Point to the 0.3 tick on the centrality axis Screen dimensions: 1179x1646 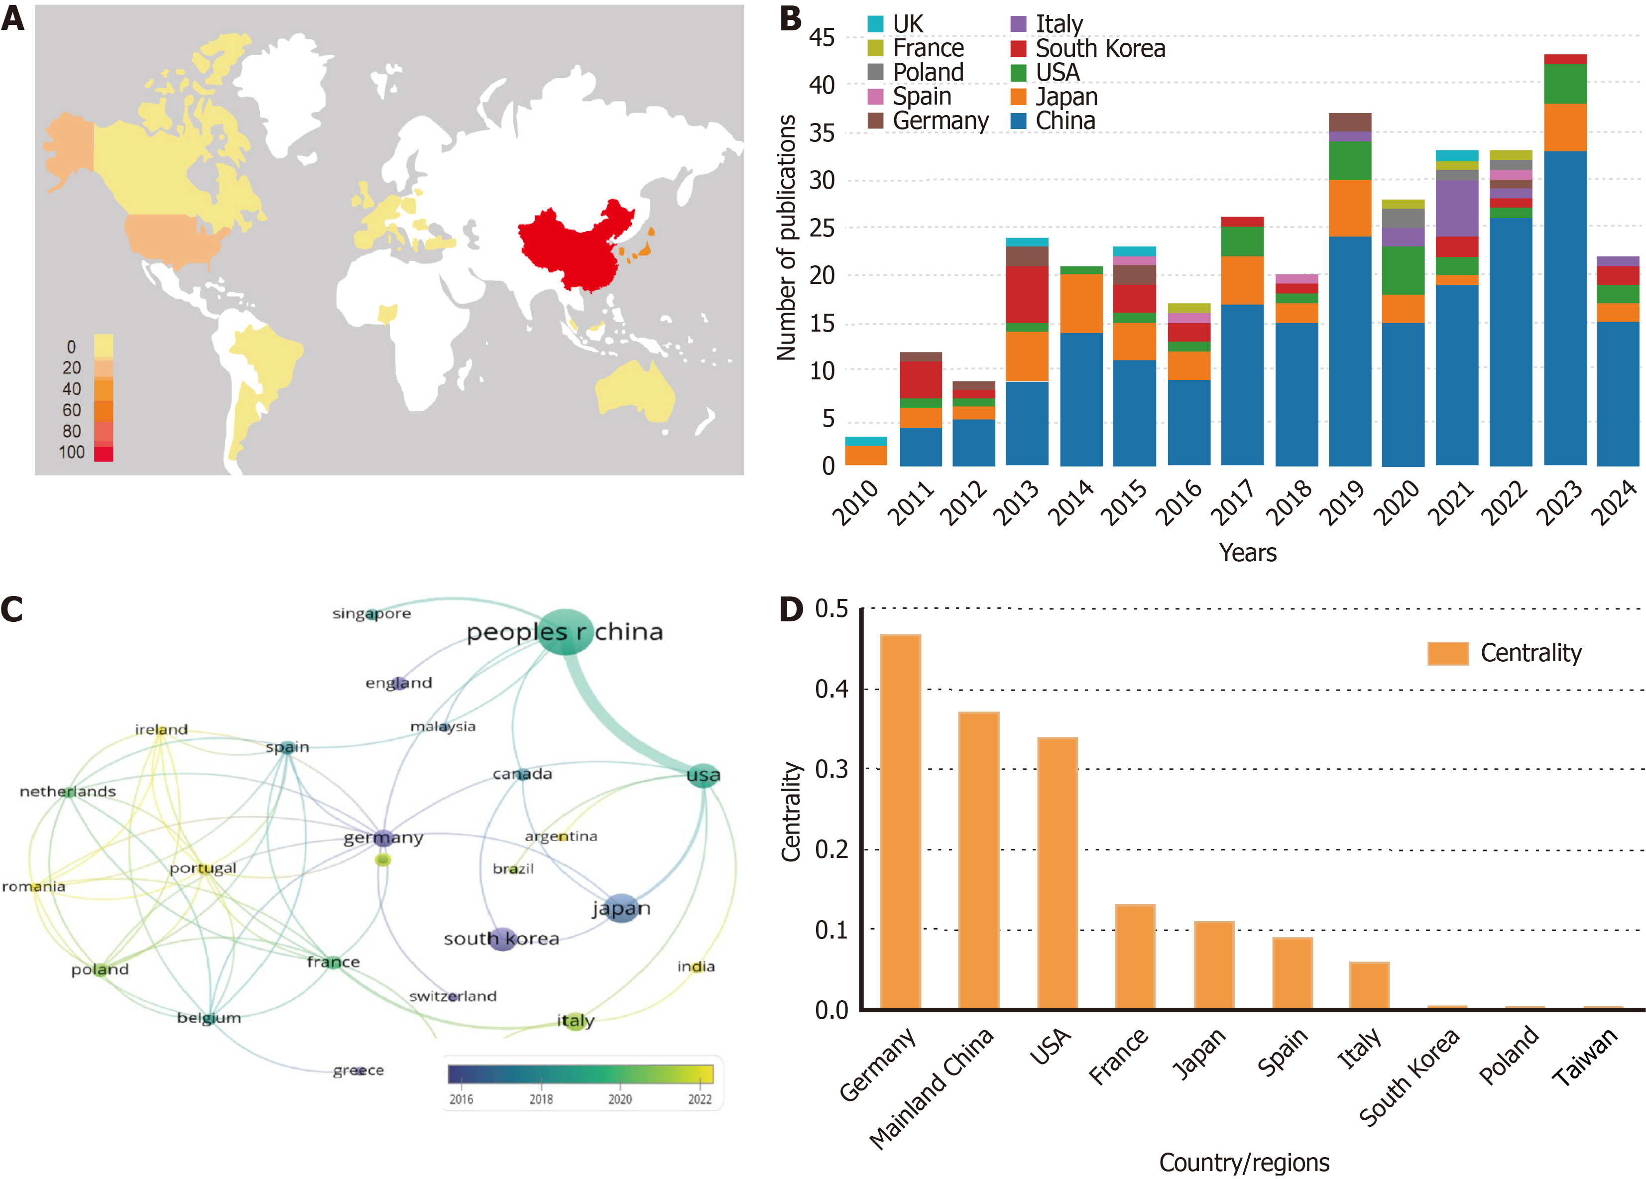pyautogui.click(x=831, y=769)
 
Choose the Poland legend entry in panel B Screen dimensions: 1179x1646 pyautogui.click(x=928, y=73)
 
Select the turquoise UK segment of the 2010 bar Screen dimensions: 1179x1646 pyautogui.click(x=866, y=441)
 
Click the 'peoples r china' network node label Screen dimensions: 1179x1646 pyautogui.click(x=565, y=632)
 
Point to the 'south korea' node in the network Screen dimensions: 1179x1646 pyautogui.click(x=502, y=939)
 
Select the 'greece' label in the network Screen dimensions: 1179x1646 pyautogui.click(x=358, y=1070)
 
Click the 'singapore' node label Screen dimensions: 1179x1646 pyautogui.click(x=371, y=614)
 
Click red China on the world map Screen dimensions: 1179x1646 pyautogui.click(x=574, y=246)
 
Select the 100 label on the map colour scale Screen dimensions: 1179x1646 pyautogui.click(x=72, y=453)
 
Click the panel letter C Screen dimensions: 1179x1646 pyautogui.click(x=12, y=609)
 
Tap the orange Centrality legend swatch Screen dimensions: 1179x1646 pyautogui.click(x=1447, y=653)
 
